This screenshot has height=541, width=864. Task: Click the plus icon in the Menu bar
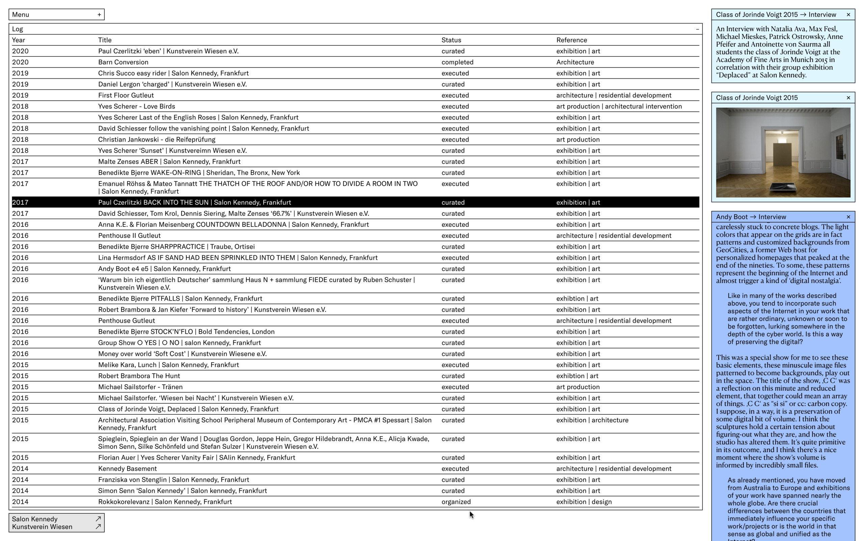point(99,15)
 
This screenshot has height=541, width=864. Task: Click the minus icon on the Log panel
point(697,29)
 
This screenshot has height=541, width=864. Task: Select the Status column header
point(451,40)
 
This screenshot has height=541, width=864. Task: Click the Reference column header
point(571,40)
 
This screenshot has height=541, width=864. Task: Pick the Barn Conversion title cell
point(123,62)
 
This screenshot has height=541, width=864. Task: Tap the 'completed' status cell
point(457,62)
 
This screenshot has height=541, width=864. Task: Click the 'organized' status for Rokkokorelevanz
point(456,502)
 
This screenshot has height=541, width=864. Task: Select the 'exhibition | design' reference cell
point(584,502)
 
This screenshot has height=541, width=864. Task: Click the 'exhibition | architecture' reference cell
point(592,420)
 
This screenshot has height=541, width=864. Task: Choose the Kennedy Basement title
point(128,469)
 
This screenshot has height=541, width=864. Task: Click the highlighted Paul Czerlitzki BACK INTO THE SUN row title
point(194,202)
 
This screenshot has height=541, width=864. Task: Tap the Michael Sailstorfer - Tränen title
point(140,387)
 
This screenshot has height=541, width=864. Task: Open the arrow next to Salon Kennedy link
point(98,519)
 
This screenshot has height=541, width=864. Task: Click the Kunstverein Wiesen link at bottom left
point(42,527)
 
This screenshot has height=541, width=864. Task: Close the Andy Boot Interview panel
point(848,217)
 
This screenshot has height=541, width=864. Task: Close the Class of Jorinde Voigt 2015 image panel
point(848,98)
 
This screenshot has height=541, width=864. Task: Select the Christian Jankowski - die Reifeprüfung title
point(157,140)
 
